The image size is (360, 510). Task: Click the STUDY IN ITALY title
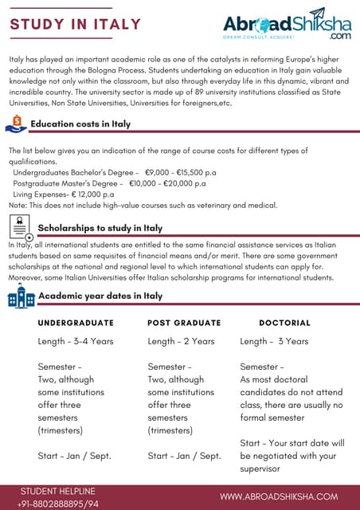(75, 24)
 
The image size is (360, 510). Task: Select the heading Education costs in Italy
(80, 124)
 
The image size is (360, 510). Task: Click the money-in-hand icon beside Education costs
(16, 124)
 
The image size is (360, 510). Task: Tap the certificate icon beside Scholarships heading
(23, 229)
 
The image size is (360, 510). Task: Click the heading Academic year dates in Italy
(100, 296)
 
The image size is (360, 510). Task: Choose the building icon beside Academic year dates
(22, 296)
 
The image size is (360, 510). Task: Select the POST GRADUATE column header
(184, 323)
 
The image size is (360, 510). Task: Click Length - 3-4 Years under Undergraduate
(76, 341)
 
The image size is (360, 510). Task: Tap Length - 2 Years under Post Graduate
(181, 341)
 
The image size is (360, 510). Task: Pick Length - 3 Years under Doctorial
(274, 341)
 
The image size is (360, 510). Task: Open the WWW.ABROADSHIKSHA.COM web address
(279, 496)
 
